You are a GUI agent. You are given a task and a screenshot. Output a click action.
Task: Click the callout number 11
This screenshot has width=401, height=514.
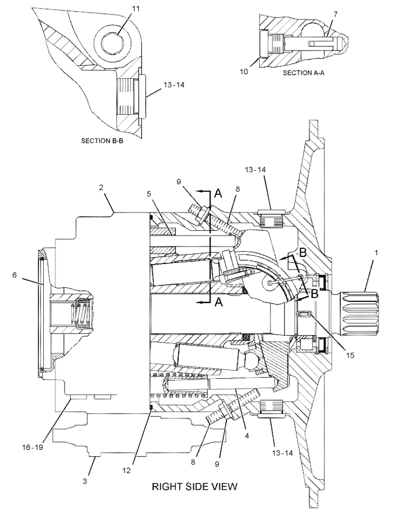point(135,9)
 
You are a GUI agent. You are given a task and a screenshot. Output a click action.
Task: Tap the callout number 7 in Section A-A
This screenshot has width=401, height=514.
point(335,15)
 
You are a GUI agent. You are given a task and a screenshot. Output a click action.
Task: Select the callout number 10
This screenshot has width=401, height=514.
point(243,72)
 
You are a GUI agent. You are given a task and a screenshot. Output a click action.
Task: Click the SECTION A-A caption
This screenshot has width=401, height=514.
point(304,73)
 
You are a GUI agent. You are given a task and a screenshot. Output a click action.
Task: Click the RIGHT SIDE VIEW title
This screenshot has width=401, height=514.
point(194,486)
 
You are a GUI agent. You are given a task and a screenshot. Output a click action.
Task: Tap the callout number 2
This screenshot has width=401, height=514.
point(101,187)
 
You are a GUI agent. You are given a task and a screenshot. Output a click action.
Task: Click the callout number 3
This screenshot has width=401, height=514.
point(85,481)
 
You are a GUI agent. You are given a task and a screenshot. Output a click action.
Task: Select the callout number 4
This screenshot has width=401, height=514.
point(247,436)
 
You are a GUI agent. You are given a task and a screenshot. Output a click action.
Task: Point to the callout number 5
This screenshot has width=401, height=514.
point(149,193)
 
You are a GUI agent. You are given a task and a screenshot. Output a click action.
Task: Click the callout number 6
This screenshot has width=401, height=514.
point(15,274)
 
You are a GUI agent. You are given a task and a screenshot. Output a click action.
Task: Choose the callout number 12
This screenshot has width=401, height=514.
point(127,470)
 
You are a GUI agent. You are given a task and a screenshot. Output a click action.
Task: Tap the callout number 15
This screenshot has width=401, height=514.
point(350,355)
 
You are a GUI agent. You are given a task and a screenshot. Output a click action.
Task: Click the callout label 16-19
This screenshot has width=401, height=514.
point(33,447)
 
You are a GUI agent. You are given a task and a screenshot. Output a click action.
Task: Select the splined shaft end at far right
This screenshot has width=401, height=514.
point(360,313)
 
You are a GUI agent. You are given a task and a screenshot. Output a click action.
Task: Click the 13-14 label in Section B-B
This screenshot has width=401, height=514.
point(174,85)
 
